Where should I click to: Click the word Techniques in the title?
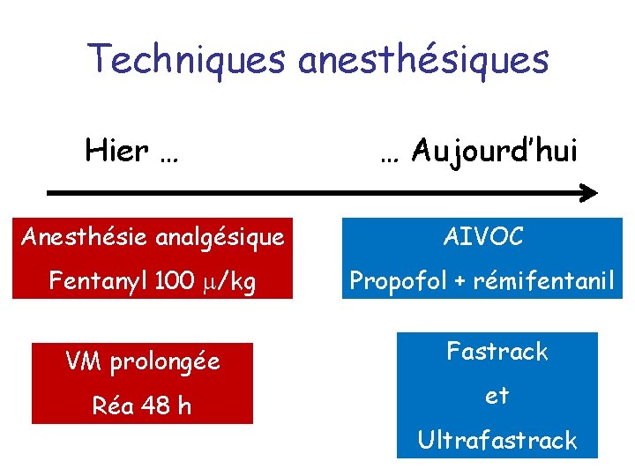coord(187,59)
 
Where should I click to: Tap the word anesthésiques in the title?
coord(424,59)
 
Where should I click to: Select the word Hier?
coord(116,151)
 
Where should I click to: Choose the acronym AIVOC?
coord(483,236)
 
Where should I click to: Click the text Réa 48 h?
coord(142,406)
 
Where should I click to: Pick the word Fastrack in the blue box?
coord(497,352)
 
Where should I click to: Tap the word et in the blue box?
coord(497,396)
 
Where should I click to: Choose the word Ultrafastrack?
coord(497,440)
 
